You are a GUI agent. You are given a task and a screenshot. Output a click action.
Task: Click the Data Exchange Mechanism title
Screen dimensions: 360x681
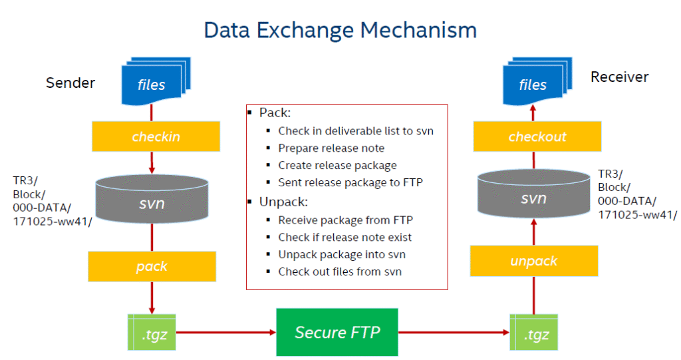[340, 30]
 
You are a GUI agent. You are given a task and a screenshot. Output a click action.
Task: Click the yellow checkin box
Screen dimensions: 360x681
[156, 136]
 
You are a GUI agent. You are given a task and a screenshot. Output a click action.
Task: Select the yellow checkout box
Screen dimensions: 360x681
[537, 136]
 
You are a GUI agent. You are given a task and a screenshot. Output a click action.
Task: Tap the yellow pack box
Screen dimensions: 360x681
[152, 266]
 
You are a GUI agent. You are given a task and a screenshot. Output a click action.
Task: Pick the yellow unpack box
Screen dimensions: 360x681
[533, 261]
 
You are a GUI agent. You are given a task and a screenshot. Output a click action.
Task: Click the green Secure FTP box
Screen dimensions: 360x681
[337, 331]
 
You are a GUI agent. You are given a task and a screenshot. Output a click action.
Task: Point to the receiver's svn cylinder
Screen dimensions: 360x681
[533, 198]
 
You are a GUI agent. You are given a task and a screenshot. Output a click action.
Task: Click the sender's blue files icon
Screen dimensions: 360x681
[152, 83]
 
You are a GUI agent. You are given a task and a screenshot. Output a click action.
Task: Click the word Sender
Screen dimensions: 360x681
[70, 83]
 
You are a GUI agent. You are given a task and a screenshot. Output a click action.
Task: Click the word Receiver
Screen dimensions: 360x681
[619, 77]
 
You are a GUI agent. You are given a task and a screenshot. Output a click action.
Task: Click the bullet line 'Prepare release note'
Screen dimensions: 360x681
[331, 148]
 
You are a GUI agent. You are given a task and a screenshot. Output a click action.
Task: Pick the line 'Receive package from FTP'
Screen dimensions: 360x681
[340, 220]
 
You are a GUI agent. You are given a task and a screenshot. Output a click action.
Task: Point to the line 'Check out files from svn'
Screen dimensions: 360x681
[340, 271]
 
